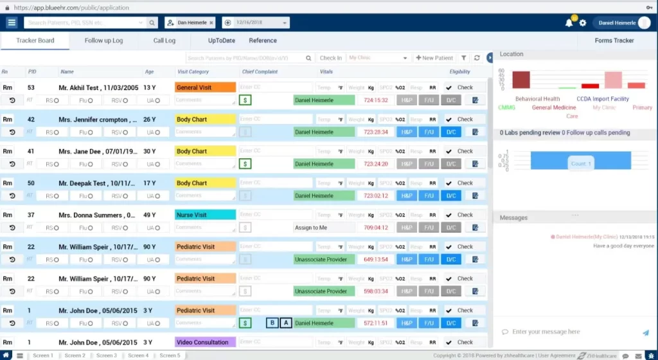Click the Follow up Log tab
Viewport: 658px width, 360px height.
(x=103, y=40)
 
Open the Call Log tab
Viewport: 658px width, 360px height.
(x=164, y=40)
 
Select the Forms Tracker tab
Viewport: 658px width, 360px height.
(x=614, y=40)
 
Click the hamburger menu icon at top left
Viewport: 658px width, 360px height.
(x=12, y=22)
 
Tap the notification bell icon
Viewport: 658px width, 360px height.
(x=569, y=23)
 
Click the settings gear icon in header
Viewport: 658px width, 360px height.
(x=583, y=23)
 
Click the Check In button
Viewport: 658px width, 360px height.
(x=330, y=58)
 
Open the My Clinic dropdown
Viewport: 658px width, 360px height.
(x=378, y=58)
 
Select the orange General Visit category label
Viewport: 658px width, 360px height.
(x=205, y=87)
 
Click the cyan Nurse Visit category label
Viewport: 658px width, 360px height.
(x=205, y=215)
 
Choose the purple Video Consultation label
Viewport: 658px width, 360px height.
(x=205, y=342)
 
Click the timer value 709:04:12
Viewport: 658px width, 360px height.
(x=375, y=228)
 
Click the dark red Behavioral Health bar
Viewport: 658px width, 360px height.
(x=521, y=80)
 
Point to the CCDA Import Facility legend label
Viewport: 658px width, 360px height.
(x=602, y=99)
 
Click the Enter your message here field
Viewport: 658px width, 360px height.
(x=565, y=332)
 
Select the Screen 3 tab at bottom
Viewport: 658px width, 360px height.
(x=107, y=355)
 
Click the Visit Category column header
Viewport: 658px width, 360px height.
(x=193, y=72)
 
